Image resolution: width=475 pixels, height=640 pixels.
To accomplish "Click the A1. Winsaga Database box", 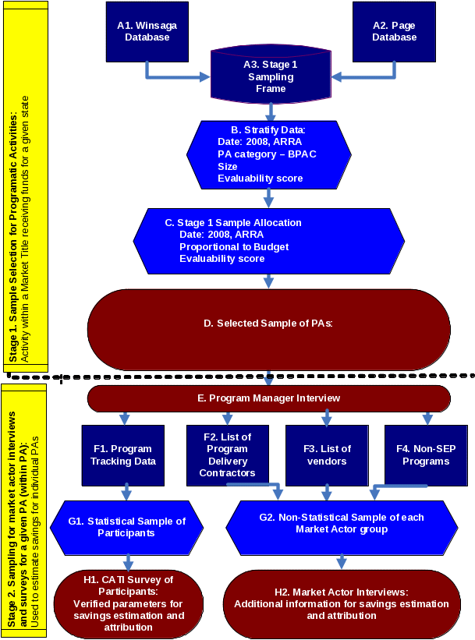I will pos(147,32).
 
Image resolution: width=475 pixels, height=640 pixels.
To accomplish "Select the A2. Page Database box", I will pos(394,32).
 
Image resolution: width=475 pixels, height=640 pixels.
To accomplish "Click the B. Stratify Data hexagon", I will pos(268,153).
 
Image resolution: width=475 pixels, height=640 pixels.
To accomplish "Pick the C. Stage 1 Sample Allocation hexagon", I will pos(268,240).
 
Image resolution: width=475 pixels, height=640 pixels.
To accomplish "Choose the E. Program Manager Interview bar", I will pos(268,398).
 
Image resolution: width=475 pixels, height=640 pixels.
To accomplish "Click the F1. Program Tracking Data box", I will pos(124,454).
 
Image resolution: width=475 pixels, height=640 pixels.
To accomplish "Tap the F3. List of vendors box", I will pos(327,454).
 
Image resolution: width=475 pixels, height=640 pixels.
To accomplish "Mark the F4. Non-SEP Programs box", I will pos(426,454).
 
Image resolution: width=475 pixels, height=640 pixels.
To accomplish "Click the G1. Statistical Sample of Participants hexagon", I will pos(126,527).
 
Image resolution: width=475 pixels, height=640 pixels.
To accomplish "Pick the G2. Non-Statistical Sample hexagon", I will pos(342,523).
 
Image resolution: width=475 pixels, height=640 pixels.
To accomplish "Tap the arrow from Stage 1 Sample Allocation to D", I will pos(268,281).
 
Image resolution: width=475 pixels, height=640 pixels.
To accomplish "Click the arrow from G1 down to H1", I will pos(128,562).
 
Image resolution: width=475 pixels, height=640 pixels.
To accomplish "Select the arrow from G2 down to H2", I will pos(341,561).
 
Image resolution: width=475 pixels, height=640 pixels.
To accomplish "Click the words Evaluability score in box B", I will pos(260,179).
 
